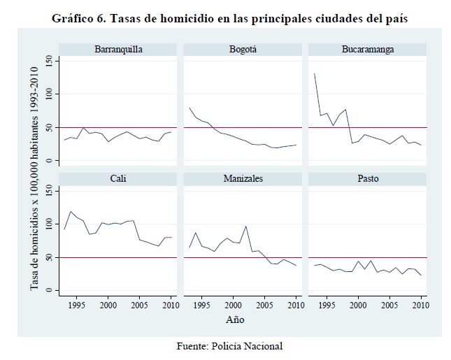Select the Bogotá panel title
pos(243,50)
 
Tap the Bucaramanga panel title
pos(368,50)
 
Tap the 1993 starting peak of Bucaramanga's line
pos(314,73)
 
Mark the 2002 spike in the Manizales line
pos(246,226)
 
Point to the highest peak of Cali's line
pos(71,211)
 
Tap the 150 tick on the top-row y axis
pos(49,61)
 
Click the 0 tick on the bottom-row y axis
pos(49,290)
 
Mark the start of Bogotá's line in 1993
pos(189,108)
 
